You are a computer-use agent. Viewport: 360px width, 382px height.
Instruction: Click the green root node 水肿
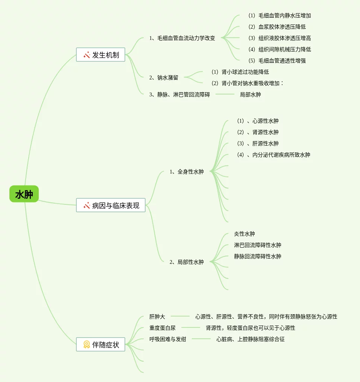click(x=24, y=194)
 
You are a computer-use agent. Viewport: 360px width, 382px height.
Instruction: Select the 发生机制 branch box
click(x=100, y=55)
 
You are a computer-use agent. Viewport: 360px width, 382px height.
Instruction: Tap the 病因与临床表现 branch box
click(x=111, y=205)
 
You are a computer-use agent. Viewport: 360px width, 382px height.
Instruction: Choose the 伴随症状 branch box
click(x=100, y=344)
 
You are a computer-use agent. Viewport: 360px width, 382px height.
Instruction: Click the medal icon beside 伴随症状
click(x=87, y=344)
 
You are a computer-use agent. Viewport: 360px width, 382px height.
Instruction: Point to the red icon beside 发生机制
click(x=87, y=55)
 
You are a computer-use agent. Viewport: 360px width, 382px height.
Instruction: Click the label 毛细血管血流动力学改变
click(x=182, y=38)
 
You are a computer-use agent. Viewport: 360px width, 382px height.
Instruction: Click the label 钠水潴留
click(x=164, y=78)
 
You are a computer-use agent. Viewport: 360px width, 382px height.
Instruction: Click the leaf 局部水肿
click(x=250, y=94)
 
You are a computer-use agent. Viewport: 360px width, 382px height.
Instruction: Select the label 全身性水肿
click(x=187, y=172)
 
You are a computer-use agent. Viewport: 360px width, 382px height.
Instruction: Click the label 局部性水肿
click(x=187, y=262)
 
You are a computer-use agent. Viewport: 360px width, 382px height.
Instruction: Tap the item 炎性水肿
click(x=245, y=234)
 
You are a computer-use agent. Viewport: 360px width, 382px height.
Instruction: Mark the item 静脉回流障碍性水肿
click(x=258, y=256)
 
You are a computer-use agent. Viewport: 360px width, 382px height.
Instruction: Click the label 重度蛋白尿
click(x=163, y=328)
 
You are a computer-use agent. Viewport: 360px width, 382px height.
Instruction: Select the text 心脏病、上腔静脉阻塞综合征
click(x=251, y=339)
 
